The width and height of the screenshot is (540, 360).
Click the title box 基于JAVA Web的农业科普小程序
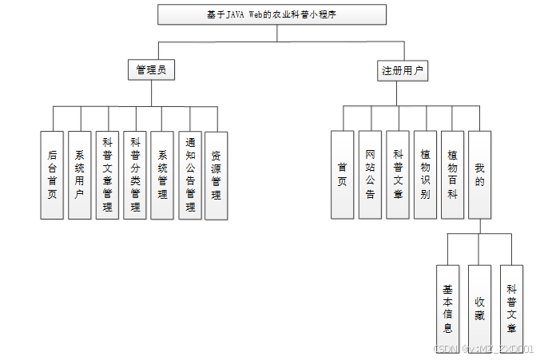tap(272, 14)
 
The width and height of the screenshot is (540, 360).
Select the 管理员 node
tap(151, 70)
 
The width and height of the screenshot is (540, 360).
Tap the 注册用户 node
tap(402, 70)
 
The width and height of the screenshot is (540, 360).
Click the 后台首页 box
tap(52, 175)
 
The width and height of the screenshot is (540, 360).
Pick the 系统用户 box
tap(80, 175)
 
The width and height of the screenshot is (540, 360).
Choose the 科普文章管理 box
tap(107, 175)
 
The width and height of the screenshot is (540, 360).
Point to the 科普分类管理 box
tap(135, 175)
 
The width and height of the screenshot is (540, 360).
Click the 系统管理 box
tap(162, 175)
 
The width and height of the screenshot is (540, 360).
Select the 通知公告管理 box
tap(189, 175)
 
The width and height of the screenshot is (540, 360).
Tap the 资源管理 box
tap(216, 175)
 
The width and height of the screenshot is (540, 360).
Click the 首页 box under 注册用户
tap(343, 175)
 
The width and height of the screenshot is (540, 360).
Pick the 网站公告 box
tap(370, 175)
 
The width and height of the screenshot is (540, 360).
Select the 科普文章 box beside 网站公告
tap(397, 175)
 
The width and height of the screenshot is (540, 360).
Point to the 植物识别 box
tap(425, 175)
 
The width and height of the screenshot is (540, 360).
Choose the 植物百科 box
tap(452, 175)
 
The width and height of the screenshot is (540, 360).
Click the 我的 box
tap(479, 175)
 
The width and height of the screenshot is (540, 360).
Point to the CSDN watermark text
tap(483, 350)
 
